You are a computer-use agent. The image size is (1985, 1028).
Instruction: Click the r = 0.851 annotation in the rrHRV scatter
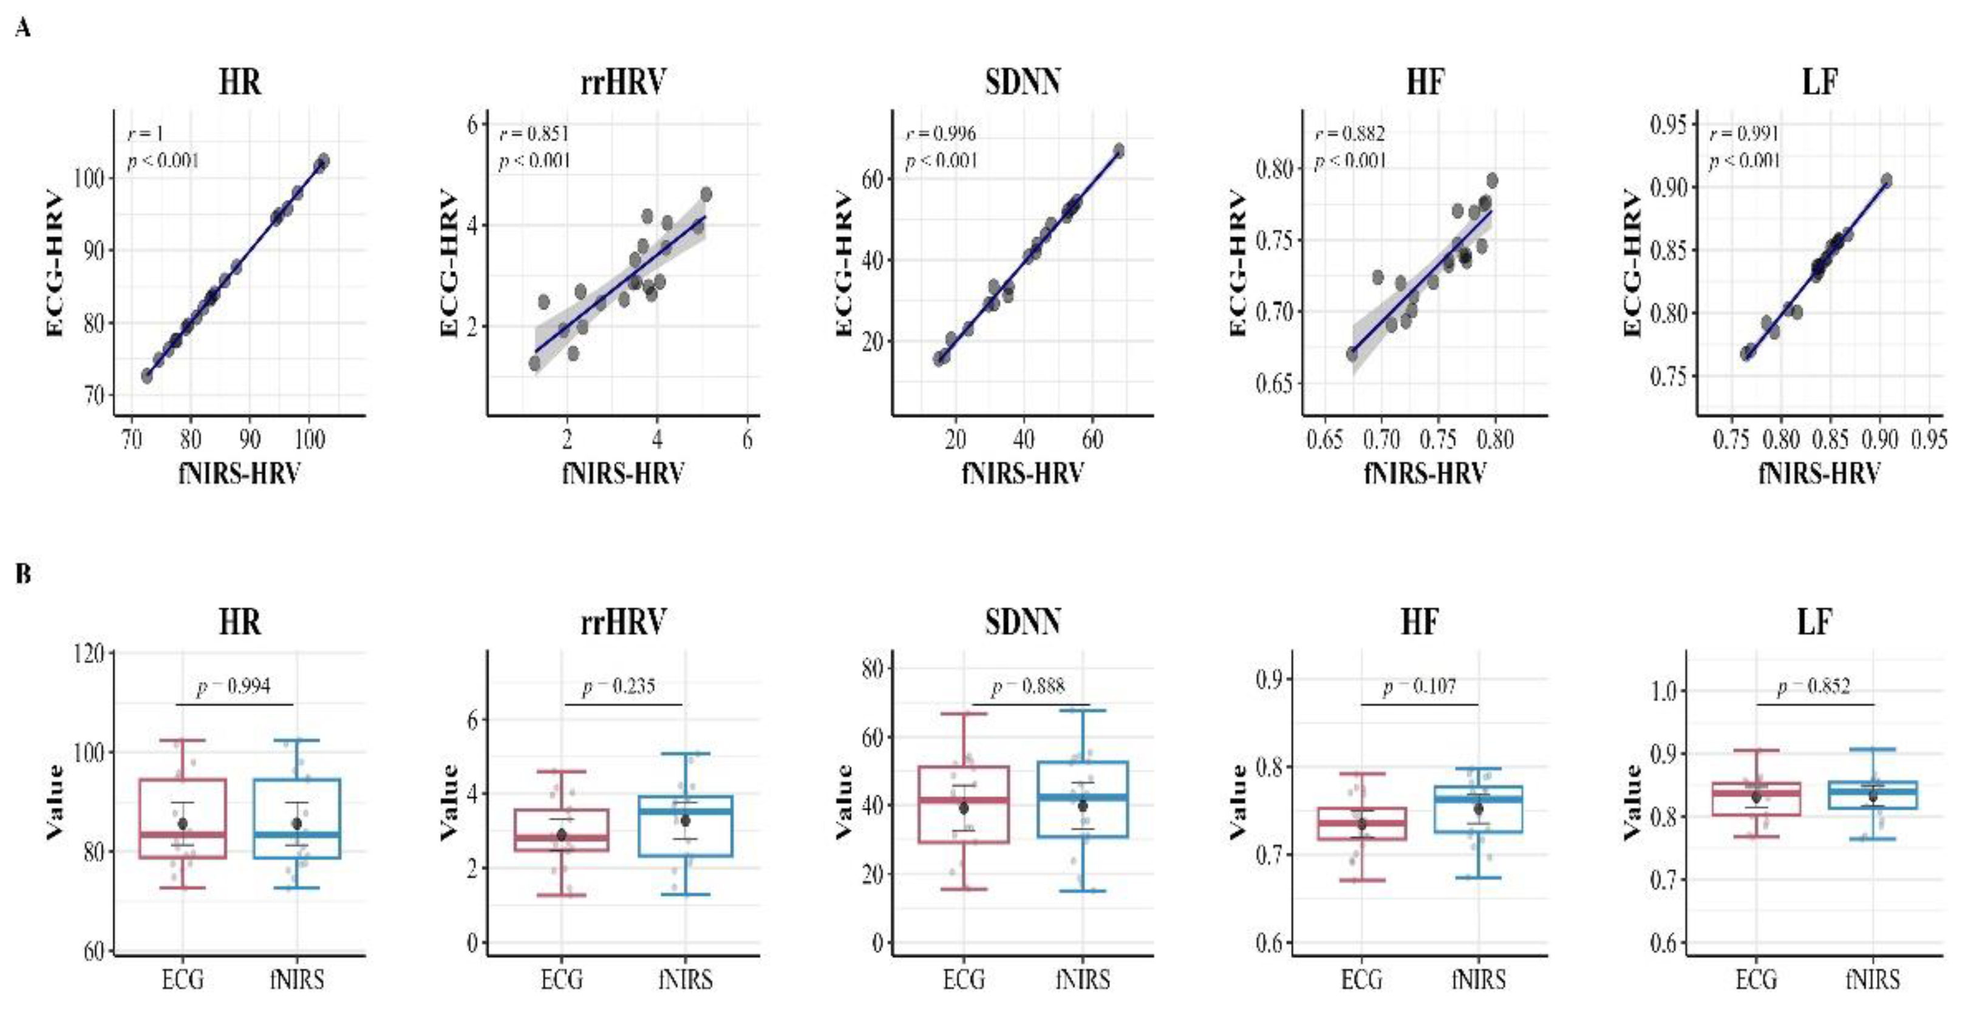534,134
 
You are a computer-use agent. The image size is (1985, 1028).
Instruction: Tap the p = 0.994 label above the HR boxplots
234,686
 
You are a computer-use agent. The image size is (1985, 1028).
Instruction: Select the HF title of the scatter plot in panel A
1424,83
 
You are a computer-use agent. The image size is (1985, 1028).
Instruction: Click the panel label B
23,574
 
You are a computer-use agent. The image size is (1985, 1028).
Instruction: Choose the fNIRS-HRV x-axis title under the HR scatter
239,472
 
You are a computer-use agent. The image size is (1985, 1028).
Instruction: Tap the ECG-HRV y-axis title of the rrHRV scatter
449,265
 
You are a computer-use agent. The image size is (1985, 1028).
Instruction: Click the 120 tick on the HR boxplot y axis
91,653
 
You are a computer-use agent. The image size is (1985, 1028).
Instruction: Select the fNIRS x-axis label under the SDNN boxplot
1083,979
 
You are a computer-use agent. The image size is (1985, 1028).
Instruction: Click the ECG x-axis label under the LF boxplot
1755,979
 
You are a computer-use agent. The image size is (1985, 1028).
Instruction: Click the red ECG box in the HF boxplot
1361,824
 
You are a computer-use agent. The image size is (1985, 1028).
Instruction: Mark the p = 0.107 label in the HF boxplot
1420,686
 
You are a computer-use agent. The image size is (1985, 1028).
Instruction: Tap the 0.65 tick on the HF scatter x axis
1324,440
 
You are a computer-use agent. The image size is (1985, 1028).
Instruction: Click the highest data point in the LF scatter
1887,180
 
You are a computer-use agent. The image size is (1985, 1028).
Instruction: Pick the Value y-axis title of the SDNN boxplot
844,802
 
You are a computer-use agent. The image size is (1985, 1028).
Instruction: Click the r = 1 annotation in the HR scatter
145,134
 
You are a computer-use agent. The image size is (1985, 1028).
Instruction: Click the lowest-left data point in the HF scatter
1352,354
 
